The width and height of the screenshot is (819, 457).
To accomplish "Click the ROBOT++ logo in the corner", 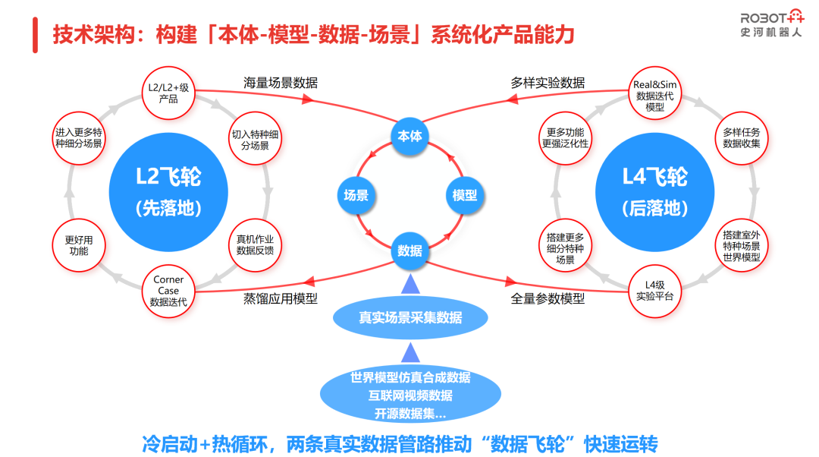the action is coord(772,23).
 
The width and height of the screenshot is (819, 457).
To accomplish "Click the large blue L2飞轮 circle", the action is coord(168,192).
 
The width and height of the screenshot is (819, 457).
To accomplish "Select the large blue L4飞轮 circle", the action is coord(655,192).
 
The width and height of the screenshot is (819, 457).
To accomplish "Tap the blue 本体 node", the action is coord(410,136).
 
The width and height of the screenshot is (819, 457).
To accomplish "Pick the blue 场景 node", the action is coord(356,196).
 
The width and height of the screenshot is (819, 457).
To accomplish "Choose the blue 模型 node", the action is coord(464,196).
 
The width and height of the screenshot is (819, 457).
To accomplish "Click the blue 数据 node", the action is coord(410,251).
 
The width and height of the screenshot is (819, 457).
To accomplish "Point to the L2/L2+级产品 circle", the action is coord(168,93).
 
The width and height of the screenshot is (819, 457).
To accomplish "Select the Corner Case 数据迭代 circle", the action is coord(168,291).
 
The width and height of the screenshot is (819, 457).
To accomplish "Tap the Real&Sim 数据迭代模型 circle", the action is coord(655,93).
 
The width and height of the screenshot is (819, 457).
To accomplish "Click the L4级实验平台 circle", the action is coord(655,291).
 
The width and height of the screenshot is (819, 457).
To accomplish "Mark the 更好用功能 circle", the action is coord(79,245).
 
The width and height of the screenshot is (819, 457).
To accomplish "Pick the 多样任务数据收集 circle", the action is coord(742,138).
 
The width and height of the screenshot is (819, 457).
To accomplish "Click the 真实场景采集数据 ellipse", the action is coord(410,317).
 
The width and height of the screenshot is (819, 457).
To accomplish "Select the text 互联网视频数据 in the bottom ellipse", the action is coord(410,396).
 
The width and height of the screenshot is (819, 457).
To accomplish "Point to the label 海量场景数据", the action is coord(281,83).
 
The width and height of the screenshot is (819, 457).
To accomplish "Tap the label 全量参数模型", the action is coord(548,298).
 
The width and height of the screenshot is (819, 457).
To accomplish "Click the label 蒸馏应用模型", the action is coord(281,298).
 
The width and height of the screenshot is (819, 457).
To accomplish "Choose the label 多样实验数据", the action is coord(548,83).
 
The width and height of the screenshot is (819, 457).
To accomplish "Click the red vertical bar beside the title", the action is coord(35,35).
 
